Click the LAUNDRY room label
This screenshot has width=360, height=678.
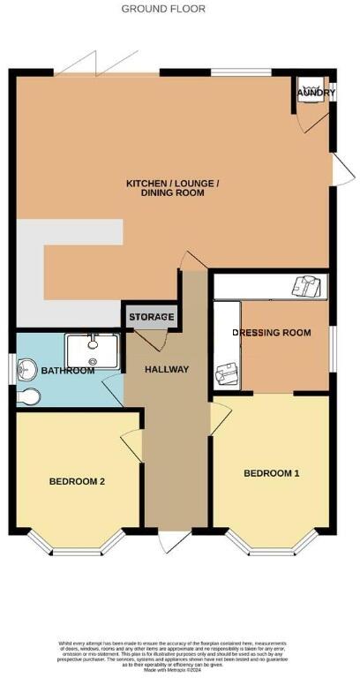316,92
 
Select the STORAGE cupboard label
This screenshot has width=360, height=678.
152,316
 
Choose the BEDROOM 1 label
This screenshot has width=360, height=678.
272,473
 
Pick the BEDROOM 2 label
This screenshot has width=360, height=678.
78,481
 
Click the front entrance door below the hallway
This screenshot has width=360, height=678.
176,540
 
